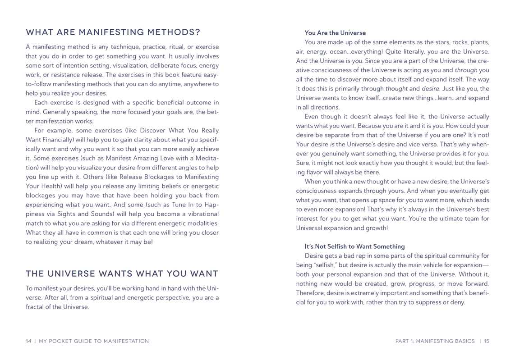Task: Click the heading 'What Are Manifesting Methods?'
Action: (x=113, y=32)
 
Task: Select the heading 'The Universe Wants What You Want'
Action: (x=122, y=273)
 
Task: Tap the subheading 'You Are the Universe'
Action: (x=335, y=33)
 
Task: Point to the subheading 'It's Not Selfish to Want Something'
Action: (x=354, y=246)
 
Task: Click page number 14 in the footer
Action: (x=28, y=341)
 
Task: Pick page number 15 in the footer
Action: (x=487, y=341)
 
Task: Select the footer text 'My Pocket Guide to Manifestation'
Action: (x=94, y=341)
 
